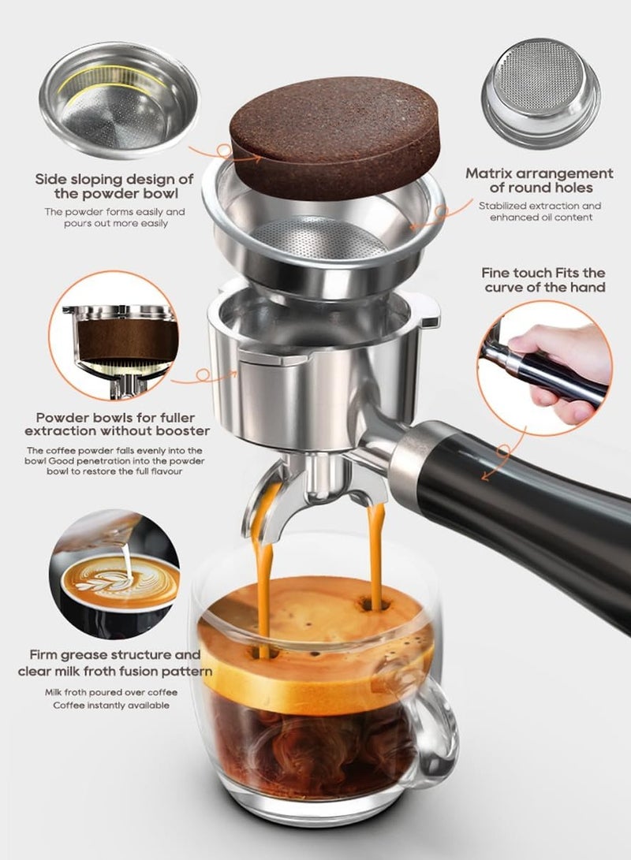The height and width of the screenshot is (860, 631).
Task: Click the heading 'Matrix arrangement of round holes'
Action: pyautogui.click(x=539, y=181)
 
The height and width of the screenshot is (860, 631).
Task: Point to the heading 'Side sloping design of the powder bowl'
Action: pyautogui.click(x=114, y=187)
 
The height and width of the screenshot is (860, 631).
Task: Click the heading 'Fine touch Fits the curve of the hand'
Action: pyautogui.click(x=543, y=279)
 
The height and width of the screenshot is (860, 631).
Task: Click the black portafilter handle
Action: pyautogui.click(x=536, y=504)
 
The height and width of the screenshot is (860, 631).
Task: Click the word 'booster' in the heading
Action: pyautogui.click(x=182, y=431)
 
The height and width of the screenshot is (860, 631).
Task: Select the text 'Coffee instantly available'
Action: pyautogui.click(x=111, y=705)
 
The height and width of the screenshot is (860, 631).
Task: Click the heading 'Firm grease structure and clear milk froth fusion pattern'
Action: pyautogui.click(x=114, y=663)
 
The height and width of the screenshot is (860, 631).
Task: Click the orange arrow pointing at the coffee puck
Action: pyautogui.click(x=203, y=150)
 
